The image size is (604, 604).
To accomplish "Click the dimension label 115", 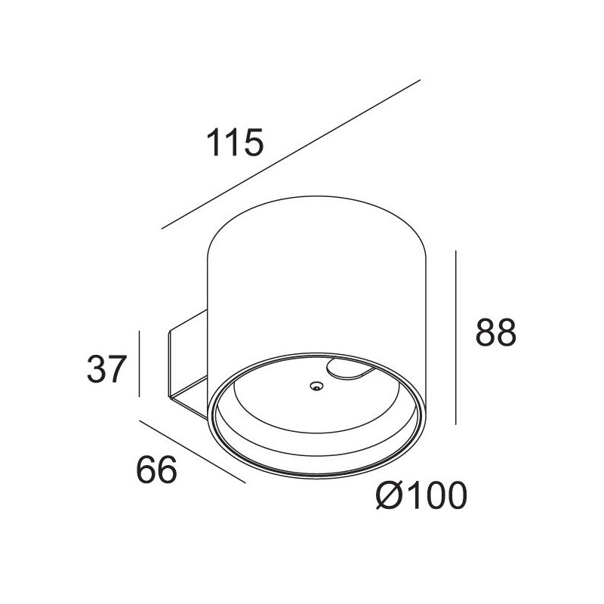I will (235, 143).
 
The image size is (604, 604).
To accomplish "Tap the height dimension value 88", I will (495, 332).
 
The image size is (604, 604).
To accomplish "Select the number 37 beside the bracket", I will (105, 369).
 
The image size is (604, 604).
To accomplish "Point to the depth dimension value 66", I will (156, 470).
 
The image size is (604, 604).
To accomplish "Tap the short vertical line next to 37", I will (140, 363).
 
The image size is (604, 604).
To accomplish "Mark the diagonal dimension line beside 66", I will (193, 451).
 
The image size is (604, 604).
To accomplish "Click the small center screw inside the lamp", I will (314, 387).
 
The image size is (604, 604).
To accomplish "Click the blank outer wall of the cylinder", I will (317, 279).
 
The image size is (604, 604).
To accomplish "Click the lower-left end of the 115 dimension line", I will (162, 227).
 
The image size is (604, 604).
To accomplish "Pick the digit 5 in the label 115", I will (254, 143).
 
